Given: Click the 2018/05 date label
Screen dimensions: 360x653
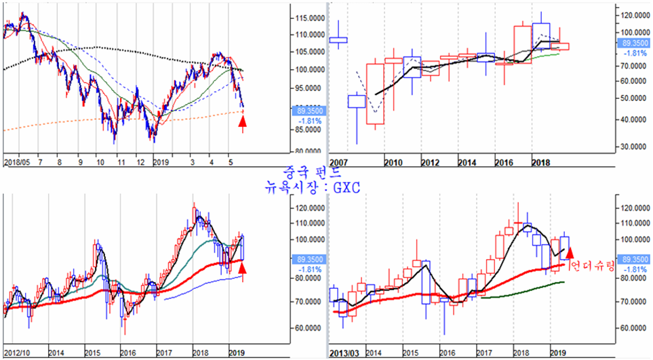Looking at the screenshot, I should pyautogui.click(x=18, y=163).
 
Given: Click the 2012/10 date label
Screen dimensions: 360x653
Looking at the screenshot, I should pyautogui.click(x=17, y=353).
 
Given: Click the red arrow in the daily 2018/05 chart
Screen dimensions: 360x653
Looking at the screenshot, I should pyautogui.click(x=243, y=122).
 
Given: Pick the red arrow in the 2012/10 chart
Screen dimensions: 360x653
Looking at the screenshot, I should pyautogui.click(x=243, y=269).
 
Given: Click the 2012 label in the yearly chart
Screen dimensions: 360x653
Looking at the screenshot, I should pyautogui.click(x=429, y=163).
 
